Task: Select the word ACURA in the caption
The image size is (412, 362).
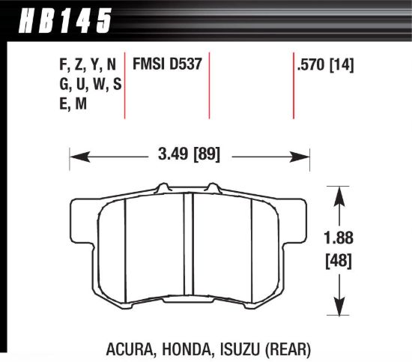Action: click(x=131, y=348)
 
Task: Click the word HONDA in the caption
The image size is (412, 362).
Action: click(x=184, y=348)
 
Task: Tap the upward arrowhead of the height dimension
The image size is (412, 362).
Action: click(x=339, y=193)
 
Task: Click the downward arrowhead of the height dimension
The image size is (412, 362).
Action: click(x=339, y=308)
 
